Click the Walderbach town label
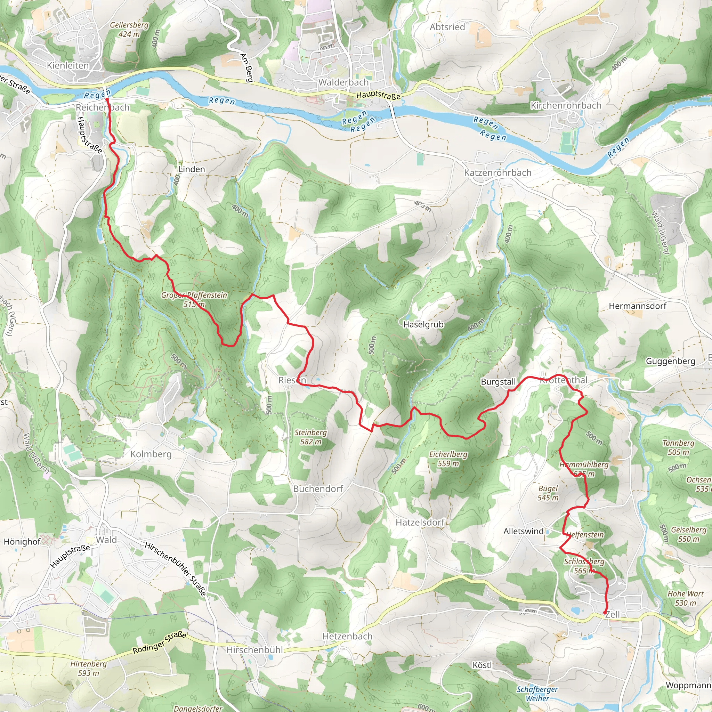coord(343,82)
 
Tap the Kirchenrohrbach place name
coord(566,105)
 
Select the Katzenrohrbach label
coord(497,172)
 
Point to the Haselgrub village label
coord(423,324)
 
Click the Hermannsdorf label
coord(638,306)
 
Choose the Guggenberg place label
coord(670,361)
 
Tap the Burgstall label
coord(498,382)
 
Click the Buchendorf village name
coord(318,489)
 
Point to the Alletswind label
coord(524,531)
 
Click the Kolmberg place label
coord(151,454)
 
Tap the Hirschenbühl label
coord(254,650)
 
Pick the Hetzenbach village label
coord(347,636)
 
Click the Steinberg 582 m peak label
coord(310,437)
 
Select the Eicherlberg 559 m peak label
coord(448,459)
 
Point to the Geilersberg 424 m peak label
coord(129,30)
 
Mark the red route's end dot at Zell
coord(605,613)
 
